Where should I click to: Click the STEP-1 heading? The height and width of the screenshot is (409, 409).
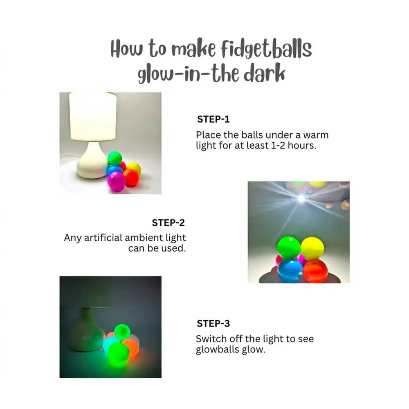coord(213,119)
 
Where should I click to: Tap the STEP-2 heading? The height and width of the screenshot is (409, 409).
coord(168,223)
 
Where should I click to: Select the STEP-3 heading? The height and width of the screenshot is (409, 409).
coord(213,324)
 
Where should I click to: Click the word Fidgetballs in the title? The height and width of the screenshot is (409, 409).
coord(266,49)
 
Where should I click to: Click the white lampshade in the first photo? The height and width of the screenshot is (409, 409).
coord(92,117)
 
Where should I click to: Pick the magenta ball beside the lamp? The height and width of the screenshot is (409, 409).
coord(116,181)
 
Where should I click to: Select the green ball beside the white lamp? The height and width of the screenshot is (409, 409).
coord(115,158)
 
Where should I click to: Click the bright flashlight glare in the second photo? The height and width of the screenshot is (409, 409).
coord(301,198)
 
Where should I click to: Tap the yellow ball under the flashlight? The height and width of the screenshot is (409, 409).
coord(312,248)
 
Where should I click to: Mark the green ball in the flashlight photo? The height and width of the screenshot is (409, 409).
coord(288,247)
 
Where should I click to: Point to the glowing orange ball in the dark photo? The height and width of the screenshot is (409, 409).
coord(131,347)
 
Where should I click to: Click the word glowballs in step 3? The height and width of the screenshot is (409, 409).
coord(218,350)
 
